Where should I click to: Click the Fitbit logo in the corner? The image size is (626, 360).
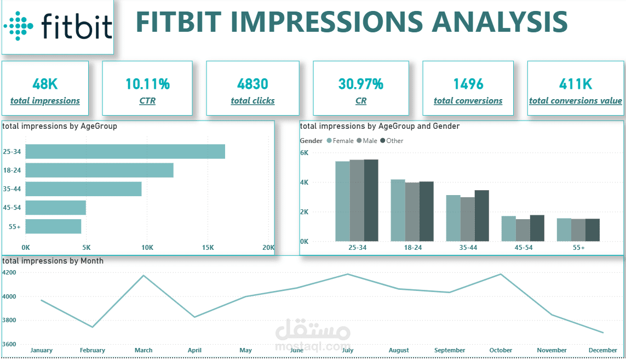click(x=58, y=26)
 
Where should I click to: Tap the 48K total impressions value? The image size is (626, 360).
click(x=45, y=84)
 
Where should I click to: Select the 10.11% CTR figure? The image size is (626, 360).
click(x=147, y=84)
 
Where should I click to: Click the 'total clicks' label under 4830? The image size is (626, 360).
click(x=252, y=101)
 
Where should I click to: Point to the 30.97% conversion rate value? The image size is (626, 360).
click(x=360, y=84)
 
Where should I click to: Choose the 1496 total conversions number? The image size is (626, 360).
click(x=468, y=84)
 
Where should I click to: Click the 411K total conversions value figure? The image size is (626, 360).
click(x=575, y=84)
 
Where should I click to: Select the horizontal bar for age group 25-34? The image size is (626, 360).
click(x=125, y=152)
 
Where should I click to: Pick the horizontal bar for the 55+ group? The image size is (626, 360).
click(x=53, y=226)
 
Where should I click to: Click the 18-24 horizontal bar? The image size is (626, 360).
click(x=99, y=170)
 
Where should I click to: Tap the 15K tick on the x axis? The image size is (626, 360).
click(x=208, y=248)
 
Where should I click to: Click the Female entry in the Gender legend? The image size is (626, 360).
click(x=340, y=141)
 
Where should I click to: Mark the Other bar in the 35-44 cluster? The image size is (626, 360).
click(x=481, y=216)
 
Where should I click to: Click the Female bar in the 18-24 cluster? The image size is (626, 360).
click(x=398, y=210)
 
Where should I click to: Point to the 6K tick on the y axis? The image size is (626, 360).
click(x=304, y=153)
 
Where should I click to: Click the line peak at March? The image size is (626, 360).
click(x=143, y=276)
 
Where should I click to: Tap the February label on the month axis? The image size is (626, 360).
click(x=92, y=350)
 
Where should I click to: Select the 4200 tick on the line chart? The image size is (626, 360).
click(x=9, y=272)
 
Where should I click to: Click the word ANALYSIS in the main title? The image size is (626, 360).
click(x=500, y=22)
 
